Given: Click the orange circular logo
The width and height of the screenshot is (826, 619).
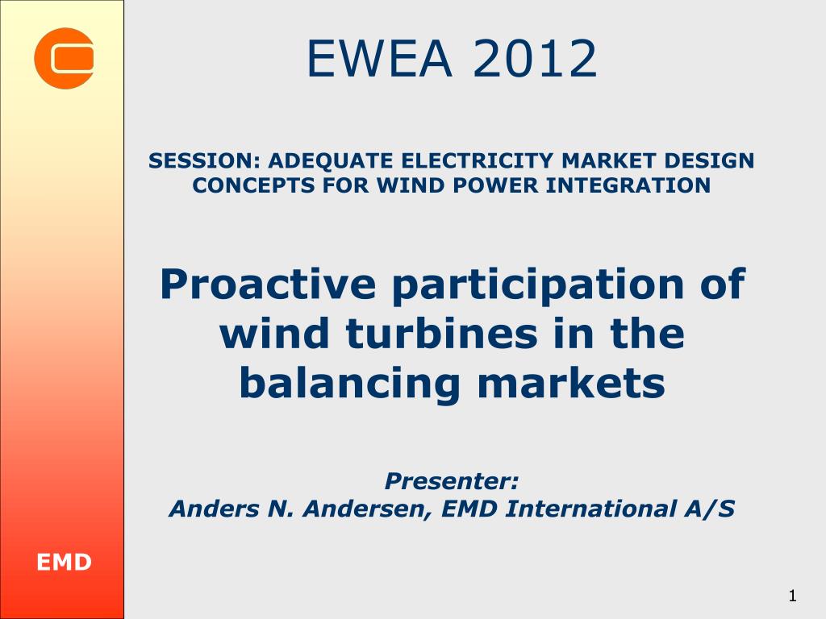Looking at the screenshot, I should tap(64, 58).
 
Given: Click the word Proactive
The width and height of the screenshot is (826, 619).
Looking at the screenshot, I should tap(268, 285).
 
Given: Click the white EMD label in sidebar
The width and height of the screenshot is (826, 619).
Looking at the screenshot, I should tap(64, 562).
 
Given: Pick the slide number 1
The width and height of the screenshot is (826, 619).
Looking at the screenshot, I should tap(791, 596).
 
